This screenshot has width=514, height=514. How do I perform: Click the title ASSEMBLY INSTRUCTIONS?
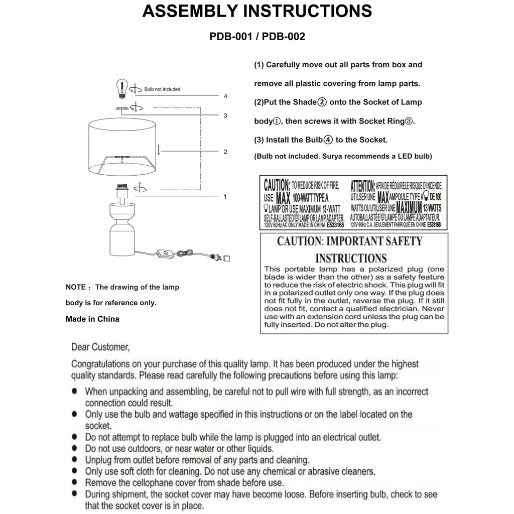click(257, 11)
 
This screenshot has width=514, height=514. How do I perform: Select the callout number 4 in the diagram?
click(226, 96)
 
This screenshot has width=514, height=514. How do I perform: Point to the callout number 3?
click(226, 115)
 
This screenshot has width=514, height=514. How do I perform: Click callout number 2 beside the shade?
click(226, 152)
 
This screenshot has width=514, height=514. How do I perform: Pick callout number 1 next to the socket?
click(225, 197)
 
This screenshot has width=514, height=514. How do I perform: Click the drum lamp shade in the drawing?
click(123, 148)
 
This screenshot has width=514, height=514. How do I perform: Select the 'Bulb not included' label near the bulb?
click(162, 89)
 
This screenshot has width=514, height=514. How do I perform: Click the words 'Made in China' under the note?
click(92, 319)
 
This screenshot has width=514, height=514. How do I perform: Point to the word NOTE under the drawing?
click(75, 288)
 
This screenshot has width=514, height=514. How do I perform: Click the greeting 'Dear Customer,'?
click(100, 346)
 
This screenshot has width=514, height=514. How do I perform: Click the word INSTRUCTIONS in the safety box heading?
click(351, 259)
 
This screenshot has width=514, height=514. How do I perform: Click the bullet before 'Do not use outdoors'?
click(74, 448)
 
